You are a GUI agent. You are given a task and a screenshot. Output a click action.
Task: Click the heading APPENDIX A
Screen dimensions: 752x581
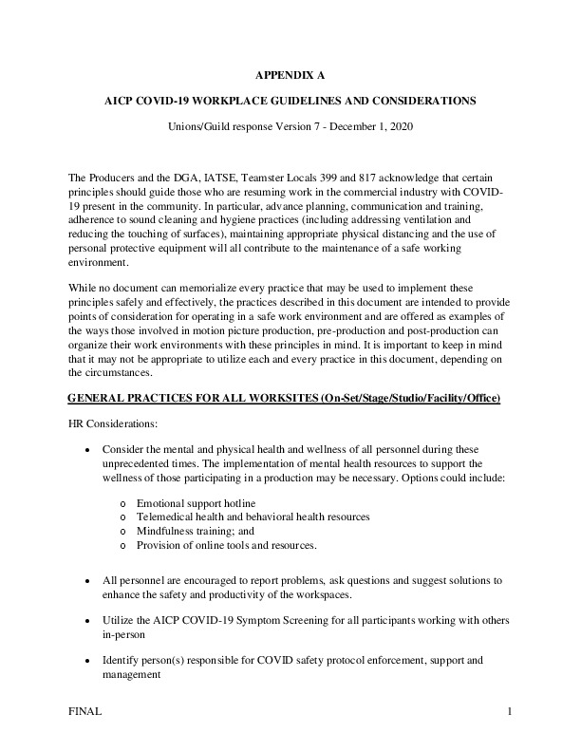(290, 73)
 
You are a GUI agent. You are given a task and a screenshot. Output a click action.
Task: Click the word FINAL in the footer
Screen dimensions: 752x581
(86, 711)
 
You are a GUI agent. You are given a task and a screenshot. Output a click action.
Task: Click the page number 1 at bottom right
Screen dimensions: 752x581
(509, 711)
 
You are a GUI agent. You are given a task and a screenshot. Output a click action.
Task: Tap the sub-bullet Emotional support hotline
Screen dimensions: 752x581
(196, 501)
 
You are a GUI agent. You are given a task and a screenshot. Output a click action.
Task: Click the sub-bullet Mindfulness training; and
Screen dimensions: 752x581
(197, 531)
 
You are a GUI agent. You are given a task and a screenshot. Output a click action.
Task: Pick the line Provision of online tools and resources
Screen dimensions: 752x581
(226, 546)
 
